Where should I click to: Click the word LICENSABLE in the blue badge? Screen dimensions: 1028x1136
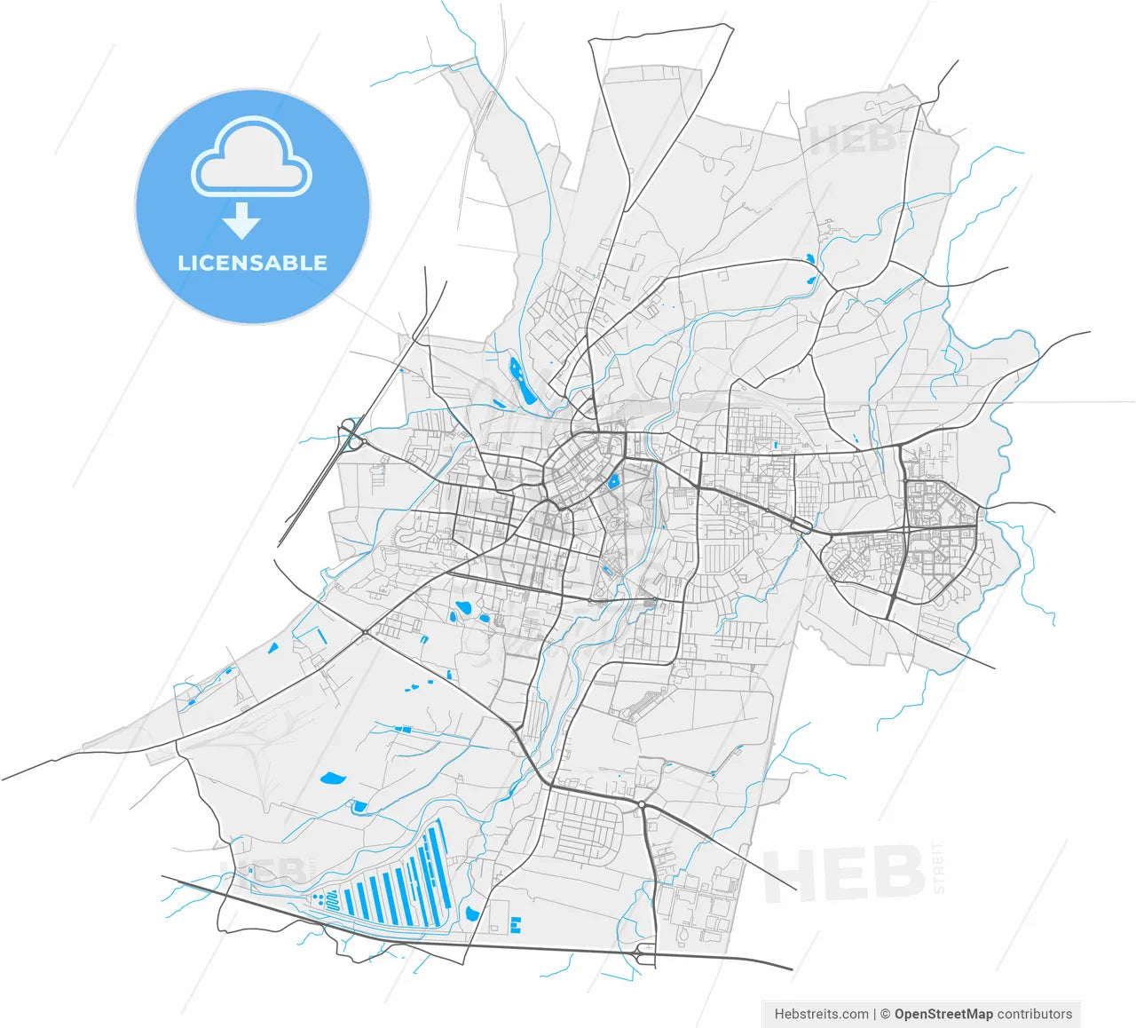click(x=252, y=263)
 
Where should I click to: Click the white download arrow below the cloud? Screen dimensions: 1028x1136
click(x=241, y=220)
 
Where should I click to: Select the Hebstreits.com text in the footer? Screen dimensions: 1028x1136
click(x=821, y=1014)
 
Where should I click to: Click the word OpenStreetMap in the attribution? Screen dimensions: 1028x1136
click(x=943, y=1014)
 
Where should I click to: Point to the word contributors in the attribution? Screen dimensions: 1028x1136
click(x=1035, y=1014)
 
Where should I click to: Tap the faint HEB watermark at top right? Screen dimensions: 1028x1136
click(x=852, y=140)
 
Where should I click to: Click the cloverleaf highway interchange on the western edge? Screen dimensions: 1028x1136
click(x=353, y=436)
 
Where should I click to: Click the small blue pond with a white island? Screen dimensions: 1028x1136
click(x=612, y=482)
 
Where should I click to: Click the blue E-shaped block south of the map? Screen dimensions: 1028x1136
click(x=516, y=925)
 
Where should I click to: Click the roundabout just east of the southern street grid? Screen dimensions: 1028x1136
click(x=641, y=804)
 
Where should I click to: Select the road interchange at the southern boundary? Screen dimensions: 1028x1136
click(x=645, y=953)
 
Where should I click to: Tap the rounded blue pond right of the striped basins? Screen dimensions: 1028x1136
click(x=471, y=913)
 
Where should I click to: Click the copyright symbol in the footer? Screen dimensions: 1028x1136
click(x=885, y=1014)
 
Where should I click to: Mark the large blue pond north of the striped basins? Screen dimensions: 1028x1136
click(x=333, y=779)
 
